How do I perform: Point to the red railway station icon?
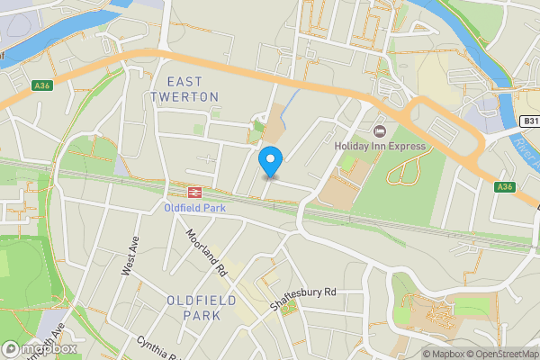[193, 192]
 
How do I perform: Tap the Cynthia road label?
[156, 346]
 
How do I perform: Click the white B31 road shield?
[528, 120]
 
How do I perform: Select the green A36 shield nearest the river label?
[506, 186]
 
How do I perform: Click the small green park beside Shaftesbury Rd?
[288, 308]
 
